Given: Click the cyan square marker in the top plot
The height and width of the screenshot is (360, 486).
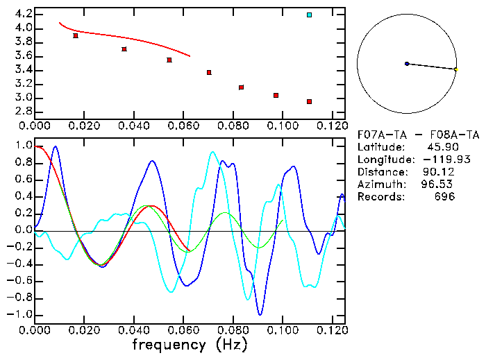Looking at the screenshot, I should [x=309, y=15].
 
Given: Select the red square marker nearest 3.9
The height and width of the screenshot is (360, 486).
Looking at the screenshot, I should [x=76, y=35].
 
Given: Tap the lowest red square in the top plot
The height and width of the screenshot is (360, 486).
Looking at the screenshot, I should [x=309, y=101].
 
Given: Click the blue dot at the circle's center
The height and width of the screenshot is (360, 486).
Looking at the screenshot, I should [x=407, y=64].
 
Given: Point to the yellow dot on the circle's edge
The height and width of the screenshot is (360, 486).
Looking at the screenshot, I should [x=455, y=69].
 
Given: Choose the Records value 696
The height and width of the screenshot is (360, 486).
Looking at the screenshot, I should [x=444, y=197].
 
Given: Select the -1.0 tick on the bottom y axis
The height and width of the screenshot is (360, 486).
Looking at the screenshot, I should [x=20, y=315].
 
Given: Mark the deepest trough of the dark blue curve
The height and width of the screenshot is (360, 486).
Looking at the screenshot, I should [x=260, y=314].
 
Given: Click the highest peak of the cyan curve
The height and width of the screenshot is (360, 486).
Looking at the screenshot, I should [x=213, y=152].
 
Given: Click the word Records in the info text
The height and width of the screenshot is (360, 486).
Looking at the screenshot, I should [x=380, y=197].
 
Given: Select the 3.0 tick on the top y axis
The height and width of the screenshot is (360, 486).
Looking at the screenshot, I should [x=23, y=98].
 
